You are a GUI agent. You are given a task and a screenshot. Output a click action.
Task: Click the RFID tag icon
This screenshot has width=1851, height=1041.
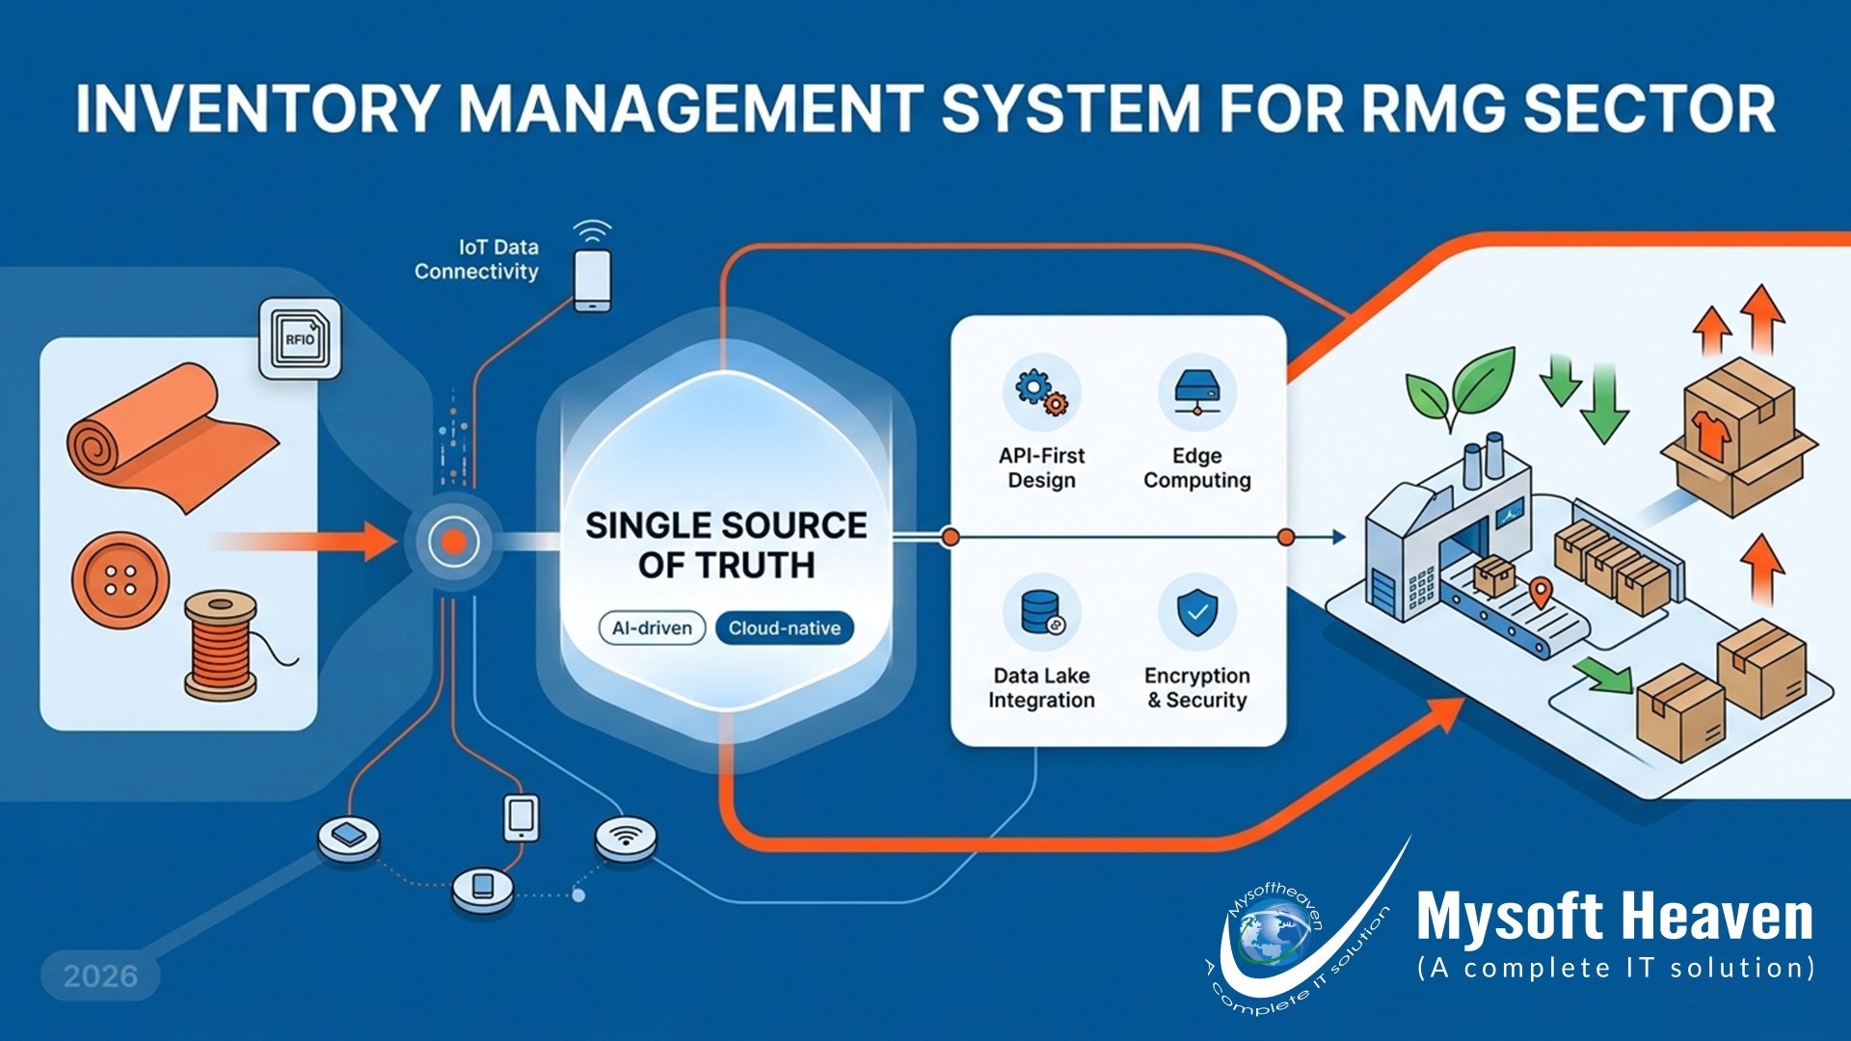[300, 338]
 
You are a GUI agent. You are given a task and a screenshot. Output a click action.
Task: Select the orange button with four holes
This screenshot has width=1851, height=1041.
[121, 580]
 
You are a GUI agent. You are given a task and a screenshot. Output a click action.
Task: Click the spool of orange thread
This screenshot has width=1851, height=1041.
[222, 644]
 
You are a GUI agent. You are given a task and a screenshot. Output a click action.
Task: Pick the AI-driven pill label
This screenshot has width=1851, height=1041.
[652, 628]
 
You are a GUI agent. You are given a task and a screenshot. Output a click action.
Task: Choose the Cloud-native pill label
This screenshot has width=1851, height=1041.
[784, 628]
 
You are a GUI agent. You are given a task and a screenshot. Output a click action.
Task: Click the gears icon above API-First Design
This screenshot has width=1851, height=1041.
[1041, 392]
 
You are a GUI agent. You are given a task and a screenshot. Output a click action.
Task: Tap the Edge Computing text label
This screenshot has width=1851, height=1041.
[1196, 467]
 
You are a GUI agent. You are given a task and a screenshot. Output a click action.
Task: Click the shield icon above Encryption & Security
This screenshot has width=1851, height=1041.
[1196, 611]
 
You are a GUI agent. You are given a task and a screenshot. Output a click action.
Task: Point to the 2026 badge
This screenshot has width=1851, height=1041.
[100, 975]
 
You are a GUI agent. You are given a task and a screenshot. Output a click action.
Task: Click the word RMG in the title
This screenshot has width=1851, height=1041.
[1434, 108]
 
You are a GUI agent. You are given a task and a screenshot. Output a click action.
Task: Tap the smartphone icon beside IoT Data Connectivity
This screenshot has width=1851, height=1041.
[592, 280]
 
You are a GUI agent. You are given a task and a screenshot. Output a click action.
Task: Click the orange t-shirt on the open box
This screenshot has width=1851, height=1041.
[1711, 436]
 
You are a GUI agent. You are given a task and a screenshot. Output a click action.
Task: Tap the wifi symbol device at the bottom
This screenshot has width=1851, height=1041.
[626, 837]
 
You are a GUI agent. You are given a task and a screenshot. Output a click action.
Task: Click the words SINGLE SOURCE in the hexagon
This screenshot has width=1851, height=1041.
[726, 525]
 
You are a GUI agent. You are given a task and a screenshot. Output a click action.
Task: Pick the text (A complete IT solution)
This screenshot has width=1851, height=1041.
[1616, 968]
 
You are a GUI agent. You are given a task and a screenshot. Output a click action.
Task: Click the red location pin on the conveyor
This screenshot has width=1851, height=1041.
[1541, 591]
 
